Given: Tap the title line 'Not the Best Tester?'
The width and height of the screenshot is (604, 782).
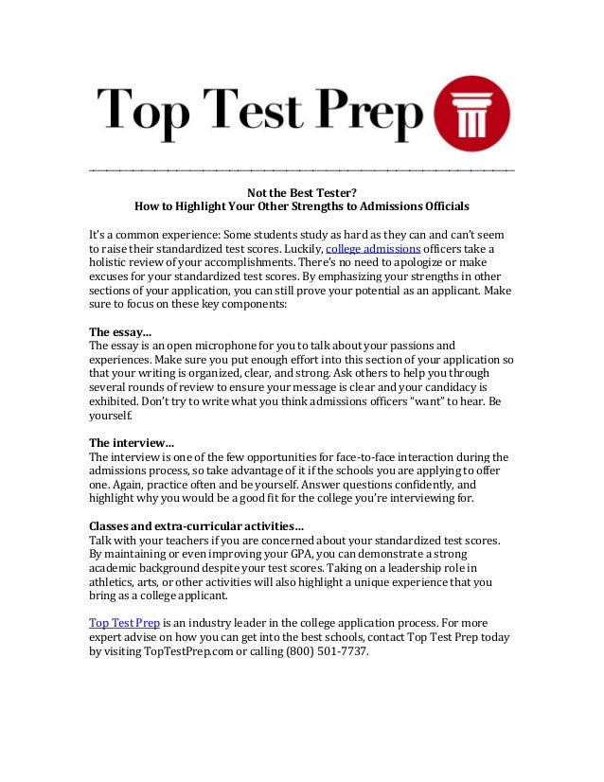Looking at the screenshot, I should pyautogui.click(x=301, y=189).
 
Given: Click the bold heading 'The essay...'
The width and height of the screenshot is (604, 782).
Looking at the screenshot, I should pyautogui.click(x=119, y=332).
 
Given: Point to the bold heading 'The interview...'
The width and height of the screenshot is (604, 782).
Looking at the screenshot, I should pyautogui.click(x=131, y=442).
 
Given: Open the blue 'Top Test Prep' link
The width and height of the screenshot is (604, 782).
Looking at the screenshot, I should pyautogui.click(x=123, y=624).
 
